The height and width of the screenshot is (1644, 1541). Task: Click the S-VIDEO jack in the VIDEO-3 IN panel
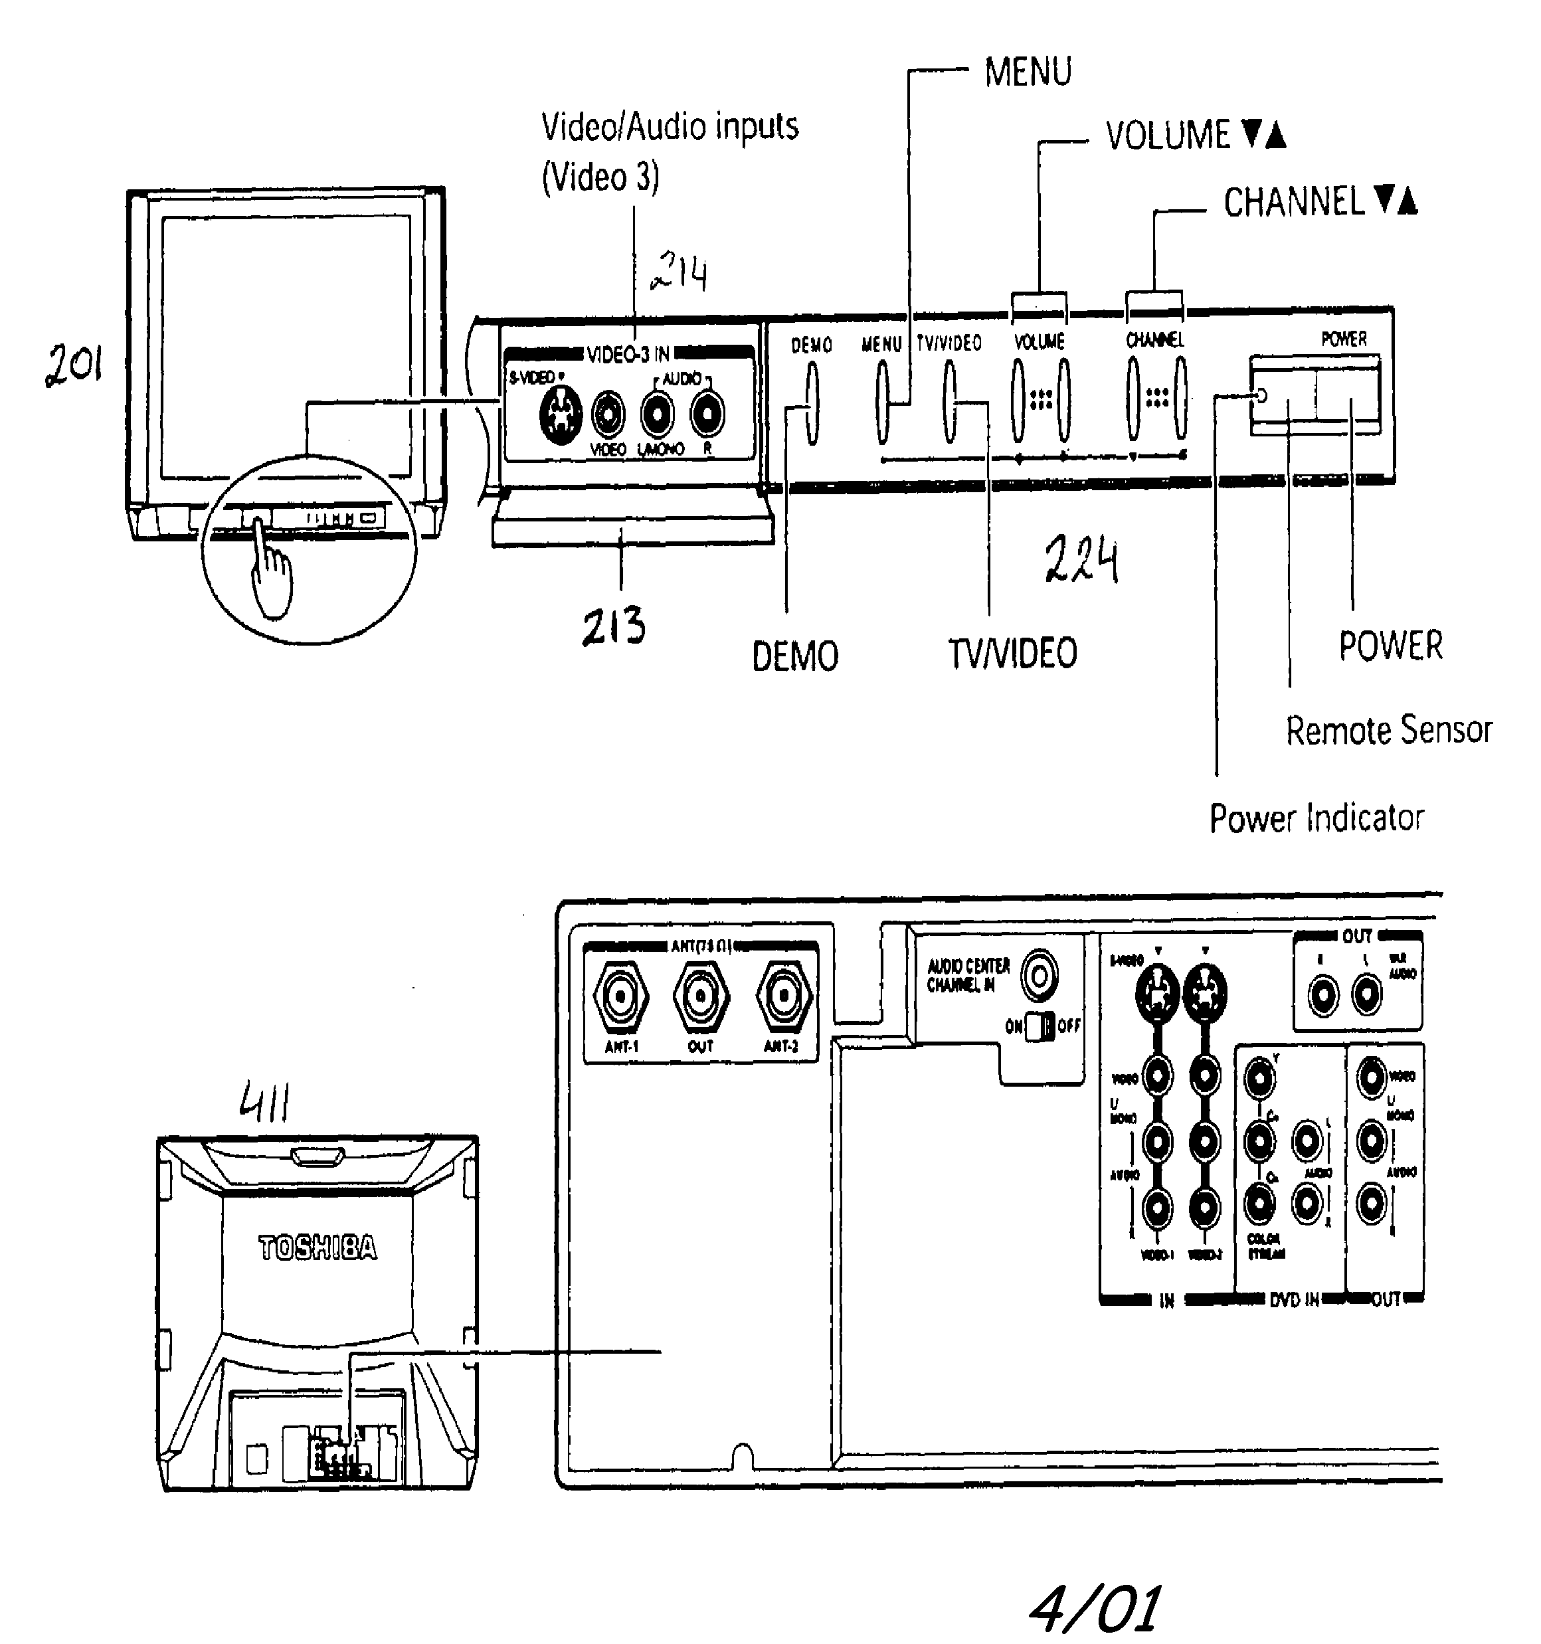tap(560, 414)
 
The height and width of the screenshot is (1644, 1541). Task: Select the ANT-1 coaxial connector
tap(620, 997)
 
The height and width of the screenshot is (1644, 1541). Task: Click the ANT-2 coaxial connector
tap(783, 997)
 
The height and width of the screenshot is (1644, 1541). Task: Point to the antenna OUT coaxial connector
tap(701, 997)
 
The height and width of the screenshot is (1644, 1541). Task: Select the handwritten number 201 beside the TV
tap(74, 365)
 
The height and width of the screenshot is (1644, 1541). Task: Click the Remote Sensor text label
tap(1388, 730)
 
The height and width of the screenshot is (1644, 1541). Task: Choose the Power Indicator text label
tap(1316, 818)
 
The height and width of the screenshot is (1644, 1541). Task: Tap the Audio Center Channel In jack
tap(1039, 976)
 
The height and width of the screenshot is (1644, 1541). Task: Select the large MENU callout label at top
tap(1028, 72)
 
